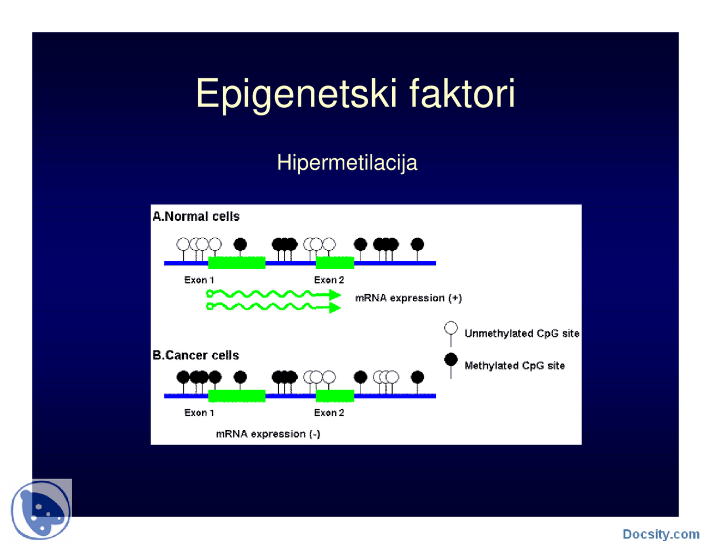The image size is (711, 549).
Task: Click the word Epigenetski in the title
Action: (296, 93)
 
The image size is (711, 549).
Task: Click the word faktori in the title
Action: (462, 93)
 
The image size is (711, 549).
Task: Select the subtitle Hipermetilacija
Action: (347, 163)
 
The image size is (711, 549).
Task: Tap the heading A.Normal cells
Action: (196, 216)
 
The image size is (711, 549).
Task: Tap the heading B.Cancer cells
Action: (196, 355)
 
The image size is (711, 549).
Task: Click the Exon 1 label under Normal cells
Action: (199, 280)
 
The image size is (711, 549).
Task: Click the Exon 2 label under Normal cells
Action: (329, 280)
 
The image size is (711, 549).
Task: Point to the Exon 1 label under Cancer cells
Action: (199, 412)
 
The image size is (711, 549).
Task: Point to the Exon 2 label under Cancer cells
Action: (329, 412)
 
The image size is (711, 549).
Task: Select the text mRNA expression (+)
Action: (408, 298)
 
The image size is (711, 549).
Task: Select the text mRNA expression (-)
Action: (268, 434)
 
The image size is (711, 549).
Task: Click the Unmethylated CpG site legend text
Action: (522, 333)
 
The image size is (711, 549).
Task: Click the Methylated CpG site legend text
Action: (514, 365)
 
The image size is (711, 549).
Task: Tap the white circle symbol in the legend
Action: (451, 328)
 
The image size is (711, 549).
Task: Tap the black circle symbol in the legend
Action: (451, 360)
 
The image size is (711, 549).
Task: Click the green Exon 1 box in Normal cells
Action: (237, 263)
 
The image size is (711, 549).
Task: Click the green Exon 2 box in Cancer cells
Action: (335, 395)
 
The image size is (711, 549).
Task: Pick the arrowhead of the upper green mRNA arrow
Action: (335, 295)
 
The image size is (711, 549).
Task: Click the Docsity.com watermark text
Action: (661, 534)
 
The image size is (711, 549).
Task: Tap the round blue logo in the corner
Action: (41, 510)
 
